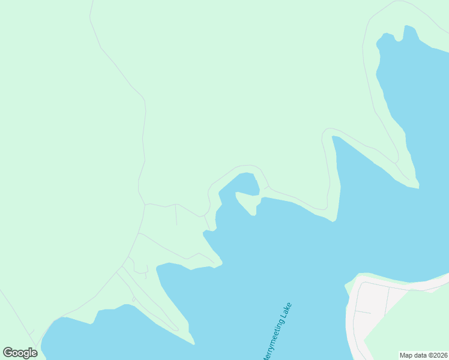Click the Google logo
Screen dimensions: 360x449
tap(20, 353)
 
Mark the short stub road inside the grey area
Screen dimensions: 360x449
tap(363, 312)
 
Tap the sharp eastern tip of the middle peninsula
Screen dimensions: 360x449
tap(221, 263)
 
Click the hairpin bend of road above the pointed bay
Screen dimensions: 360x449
tap(327, 130)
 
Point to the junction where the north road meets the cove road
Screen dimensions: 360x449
tap(145, 204)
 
